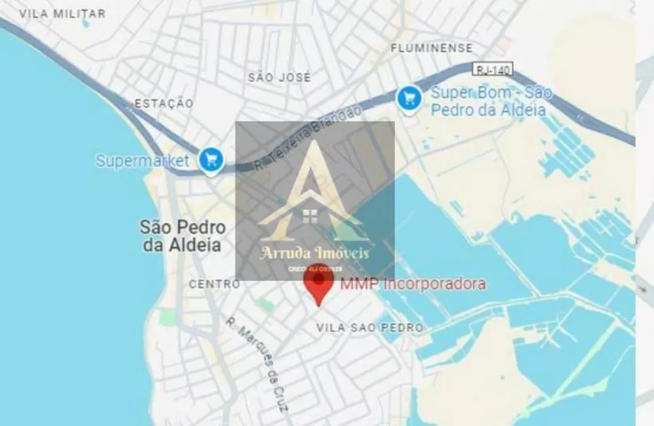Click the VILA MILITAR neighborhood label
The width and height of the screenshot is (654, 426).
tap(62, 14)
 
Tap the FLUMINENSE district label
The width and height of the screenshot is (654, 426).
tap(431, 48)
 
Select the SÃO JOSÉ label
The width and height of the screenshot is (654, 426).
tap(279, 77)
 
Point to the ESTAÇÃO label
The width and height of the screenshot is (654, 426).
tap(163, 103)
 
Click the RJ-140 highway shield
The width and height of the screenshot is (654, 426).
tap(492, 69)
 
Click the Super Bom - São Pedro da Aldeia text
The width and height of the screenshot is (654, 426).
tap(490, 101)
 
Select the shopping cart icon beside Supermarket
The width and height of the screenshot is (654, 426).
tap(211, 159)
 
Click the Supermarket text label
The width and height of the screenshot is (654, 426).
tap(142, 160)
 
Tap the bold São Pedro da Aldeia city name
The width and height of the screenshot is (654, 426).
tap(182, 236)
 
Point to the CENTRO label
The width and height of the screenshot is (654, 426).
tap(214, 284)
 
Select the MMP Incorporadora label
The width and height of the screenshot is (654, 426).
tap(412, 284)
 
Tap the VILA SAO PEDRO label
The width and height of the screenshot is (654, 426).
tap(370, 327)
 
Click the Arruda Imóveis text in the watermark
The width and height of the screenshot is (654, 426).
tap(315, 253)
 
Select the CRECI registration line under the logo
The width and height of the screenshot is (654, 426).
tap(315, 269)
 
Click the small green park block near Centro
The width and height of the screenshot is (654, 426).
tap(265, 305)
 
